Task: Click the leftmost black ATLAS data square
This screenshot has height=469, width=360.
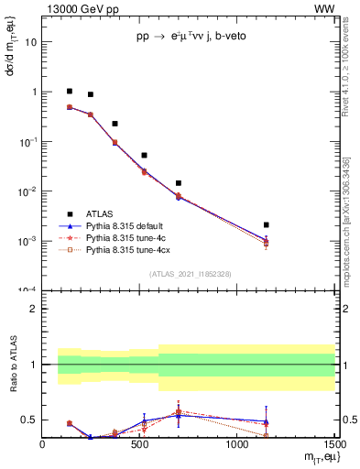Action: click(x=70, y=92)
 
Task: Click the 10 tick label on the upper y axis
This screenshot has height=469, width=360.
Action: click(x=31, y=42)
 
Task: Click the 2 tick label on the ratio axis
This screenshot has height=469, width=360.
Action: click(x=33, y=309)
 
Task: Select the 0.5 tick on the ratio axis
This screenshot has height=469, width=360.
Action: click(x=28, y=420)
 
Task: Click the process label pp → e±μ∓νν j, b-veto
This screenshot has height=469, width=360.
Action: click(x=191, y=38)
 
